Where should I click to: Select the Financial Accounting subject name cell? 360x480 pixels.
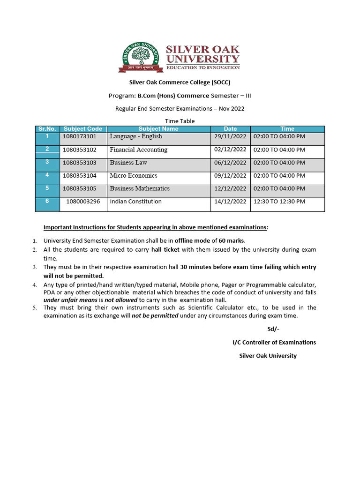tap(138, 150)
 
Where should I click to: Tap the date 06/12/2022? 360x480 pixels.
tap(230, 163)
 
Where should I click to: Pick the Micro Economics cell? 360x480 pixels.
tap(134, 176)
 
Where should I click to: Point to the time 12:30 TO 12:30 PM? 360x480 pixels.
tap(279, 202)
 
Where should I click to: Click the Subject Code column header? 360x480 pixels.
tap(83, 129)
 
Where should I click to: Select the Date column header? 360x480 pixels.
tap(230, 129)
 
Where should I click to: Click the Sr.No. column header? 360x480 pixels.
tap(47, 129)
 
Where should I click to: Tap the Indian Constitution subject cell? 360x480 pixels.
tap(135, 202)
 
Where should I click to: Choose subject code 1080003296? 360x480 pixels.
tap(83, 202)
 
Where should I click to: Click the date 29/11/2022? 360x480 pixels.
tap(230, 136)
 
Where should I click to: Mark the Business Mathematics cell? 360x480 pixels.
tap(140, 188)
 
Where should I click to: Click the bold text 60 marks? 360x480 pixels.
tap(232, 240)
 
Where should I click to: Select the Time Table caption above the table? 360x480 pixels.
tap(180, 121)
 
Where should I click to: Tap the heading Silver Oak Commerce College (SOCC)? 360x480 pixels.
tap(180, 82)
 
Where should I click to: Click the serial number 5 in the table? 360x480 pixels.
tap(47, 188)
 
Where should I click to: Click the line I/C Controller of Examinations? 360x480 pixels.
tap(274, 342)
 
